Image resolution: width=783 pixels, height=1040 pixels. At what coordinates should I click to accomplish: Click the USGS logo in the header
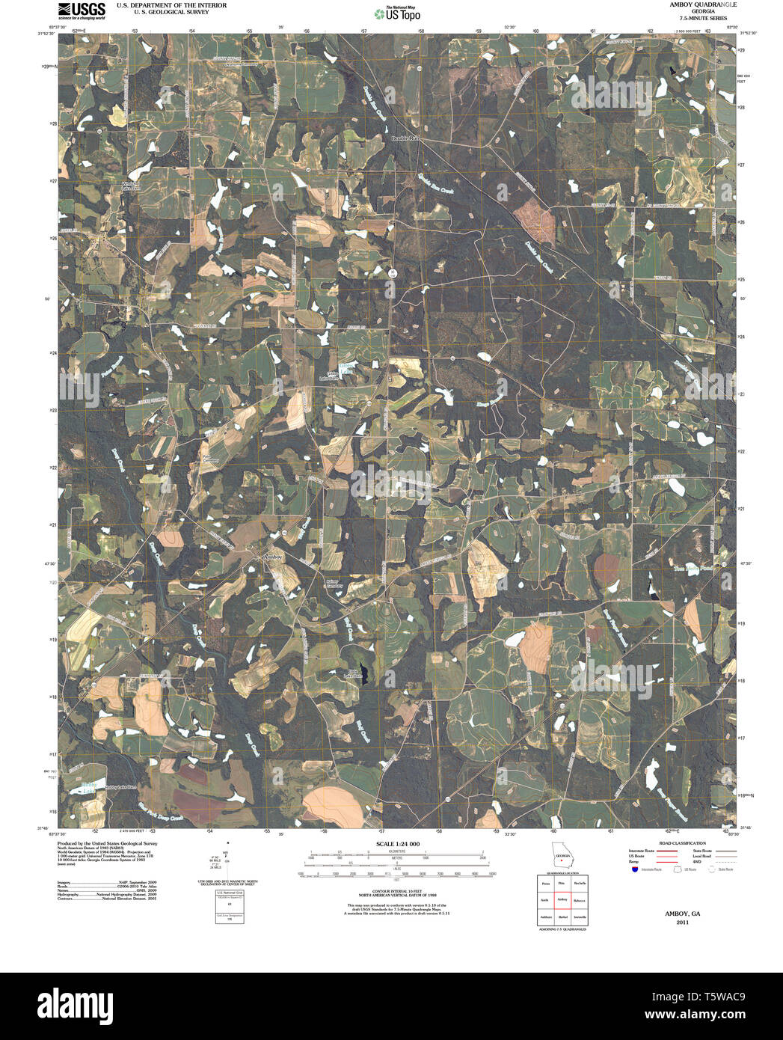82,10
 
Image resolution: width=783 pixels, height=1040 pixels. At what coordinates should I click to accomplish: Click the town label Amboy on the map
272,557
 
